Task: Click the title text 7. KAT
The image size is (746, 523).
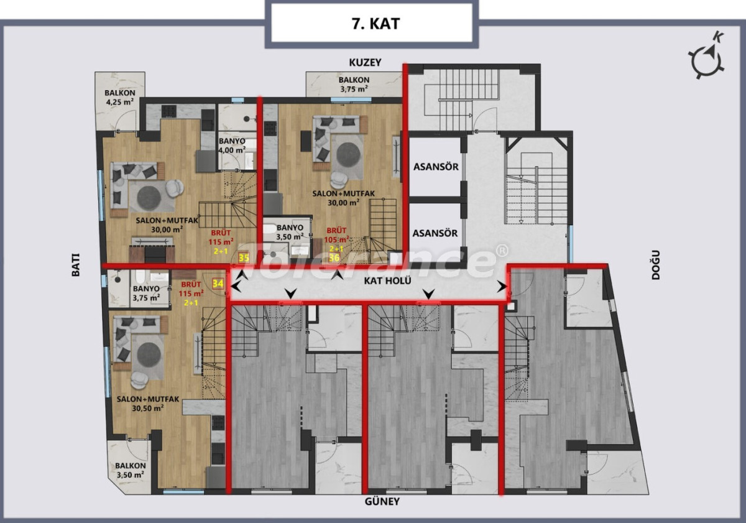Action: point(376,24)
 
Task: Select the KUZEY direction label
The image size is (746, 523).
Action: point(365,63)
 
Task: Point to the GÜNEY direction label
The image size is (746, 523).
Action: point(382,501)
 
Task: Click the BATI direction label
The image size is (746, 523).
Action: point(76,265)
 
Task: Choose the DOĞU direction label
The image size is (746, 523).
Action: point(655,265)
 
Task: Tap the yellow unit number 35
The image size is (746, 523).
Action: point(244,258)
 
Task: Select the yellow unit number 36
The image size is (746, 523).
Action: point(334,257)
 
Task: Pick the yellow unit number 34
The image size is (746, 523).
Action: point(218,284)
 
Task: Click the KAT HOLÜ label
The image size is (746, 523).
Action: point(387,280)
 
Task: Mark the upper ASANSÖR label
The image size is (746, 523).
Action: point(436,167)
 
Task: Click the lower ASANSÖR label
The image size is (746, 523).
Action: point(435,233)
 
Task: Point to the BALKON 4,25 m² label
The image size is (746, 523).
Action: point(120,97)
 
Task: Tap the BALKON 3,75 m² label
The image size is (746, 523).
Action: point(354,85)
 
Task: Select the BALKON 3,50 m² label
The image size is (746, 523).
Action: point(130,470)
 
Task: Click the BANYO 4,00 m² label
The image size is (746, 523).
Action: point(232,146)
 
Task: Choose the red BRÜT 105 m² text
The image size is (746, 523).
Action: point(336,235)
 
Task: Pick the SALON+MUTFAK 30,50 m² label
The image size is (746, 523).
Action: point(148,404)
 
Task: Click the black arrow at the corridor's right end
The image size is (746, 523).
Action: point(502,287)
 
